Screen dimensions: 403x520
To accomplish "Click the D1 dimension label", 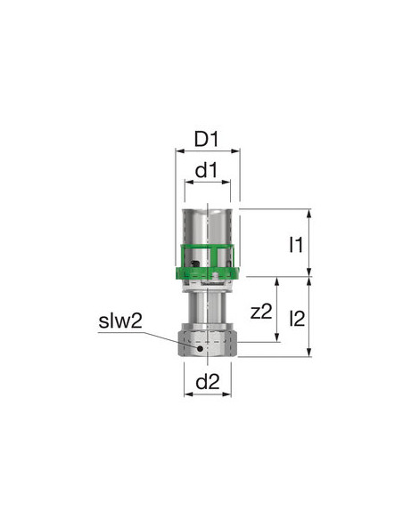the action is click(x=207, y=139).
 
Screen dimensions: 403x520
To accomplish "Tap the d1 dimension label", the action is click(x=207, y=170).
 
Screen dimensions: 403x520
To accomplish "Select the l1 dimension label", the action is click(x=295, y=245).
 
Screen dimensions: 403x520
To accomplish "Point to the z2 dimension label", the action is click(x=261, y=312).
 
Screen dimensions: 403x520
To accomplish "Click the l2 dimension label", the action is click(x=297, y=319).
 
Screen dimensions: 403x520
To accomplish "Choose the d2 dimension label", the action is click(x=208, y=382).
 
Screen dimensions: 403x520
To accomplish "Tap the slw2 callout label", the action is click(x=120, y=321).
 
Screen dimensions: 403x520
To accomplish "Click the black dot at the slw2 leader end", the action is click(x=200, y=348).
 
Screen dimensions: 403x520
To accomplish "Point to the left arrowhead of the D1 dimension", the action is click(x=179, y=151).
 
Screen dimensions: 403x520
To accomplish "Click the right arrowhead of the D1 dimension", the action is click(x=235, y=151).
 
